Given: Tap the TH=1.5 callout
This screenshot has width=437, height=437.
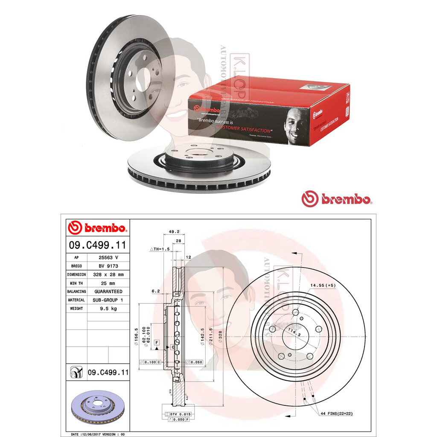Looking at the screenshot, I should pos(160,248).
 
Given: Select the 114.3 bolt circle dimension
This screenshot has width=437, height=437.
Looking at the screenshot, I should pos(292,335).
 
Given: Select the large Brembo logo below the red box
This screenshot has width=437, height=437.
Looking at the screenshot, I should pos(337,198).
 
